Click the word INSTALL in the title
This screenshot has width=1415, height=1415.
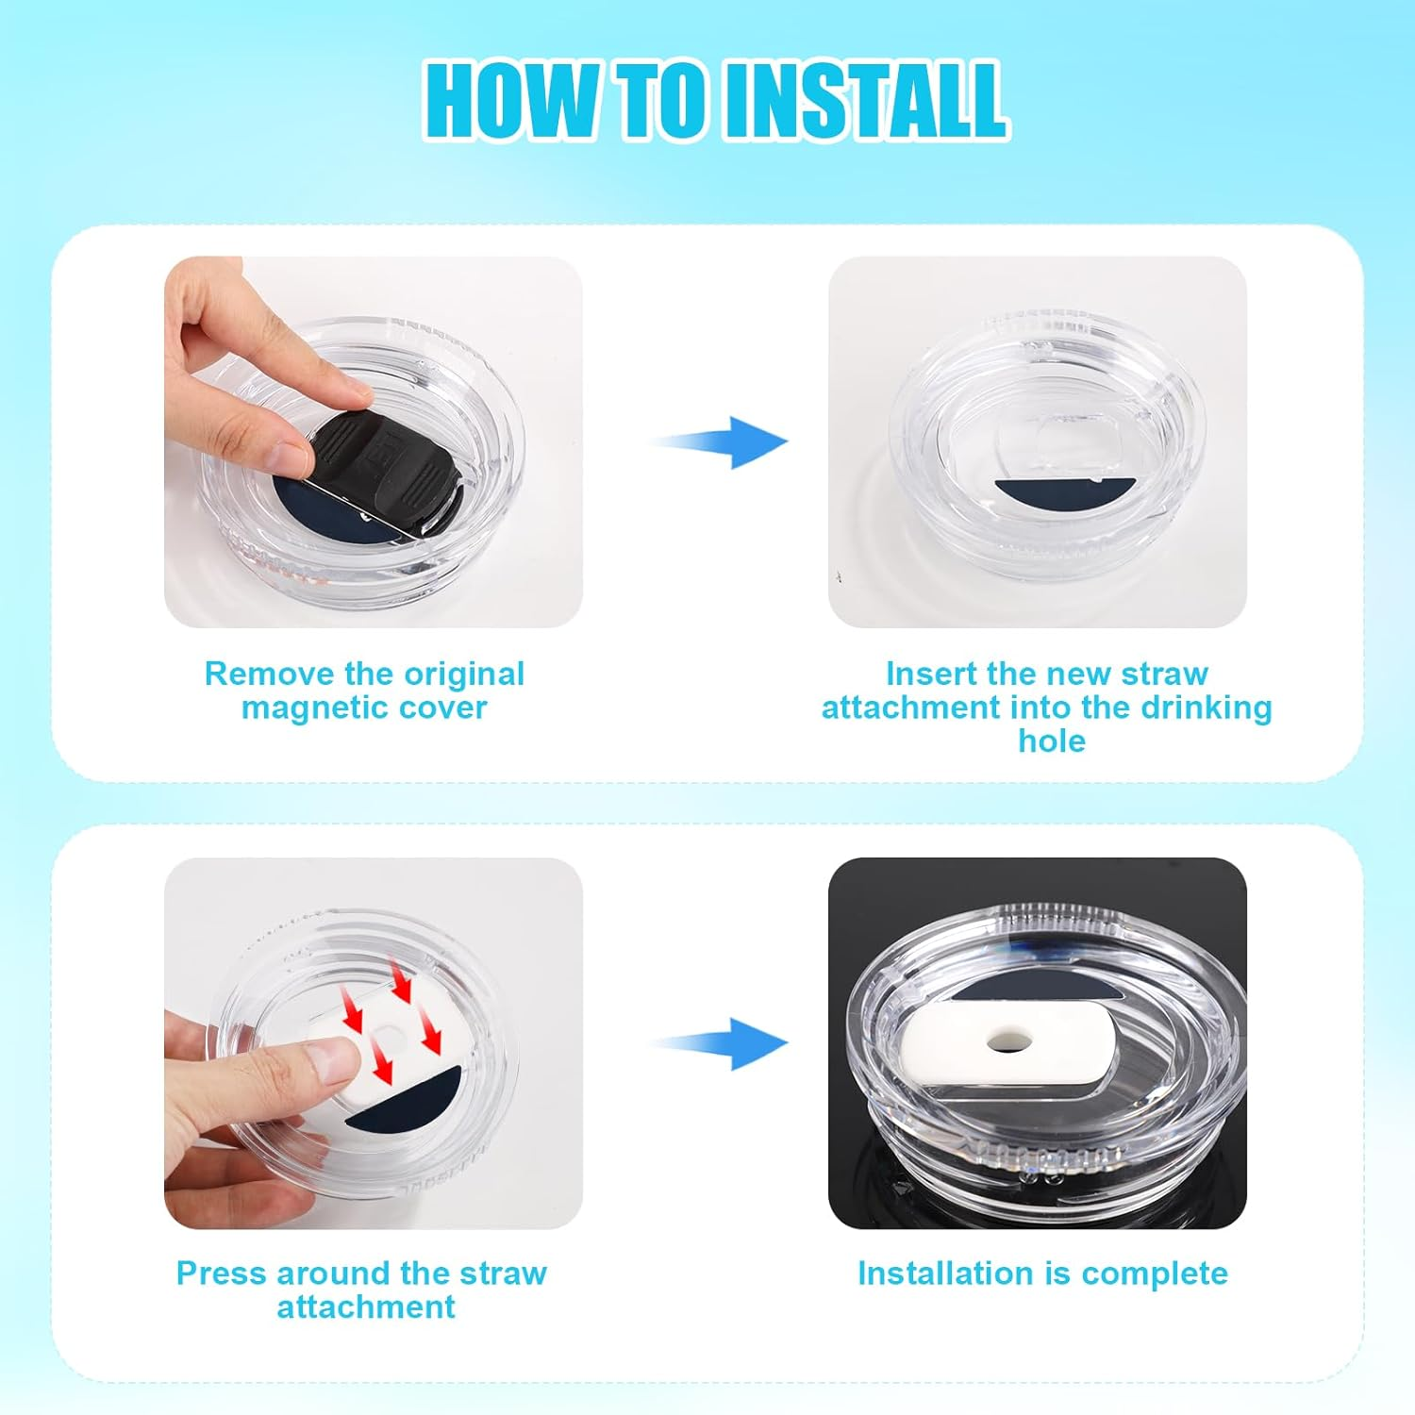[x=863, y=99]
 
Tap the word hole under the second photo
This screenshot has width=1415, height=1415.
[x=1051, y=741]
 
